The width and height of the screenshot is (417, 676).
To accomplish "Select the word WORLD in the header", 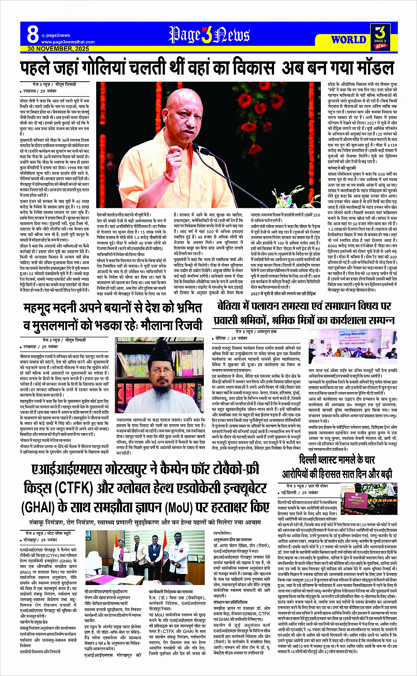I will (x=349, y=40).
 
